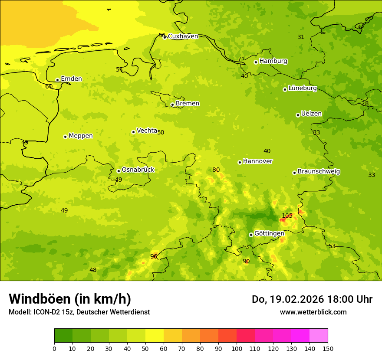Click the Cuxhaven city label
(x=183, y=36)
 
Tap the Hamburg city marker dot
(x=256, y=62)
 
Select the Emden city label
(x=71, y=79)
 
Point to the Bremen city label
(x=188, y=104)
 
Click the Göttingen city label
(x=269, y=233)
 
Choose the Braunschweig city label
(x=319, y=172)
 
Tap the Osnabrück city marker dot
(x=119, y=171)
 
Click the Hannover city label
(x=257, y=161)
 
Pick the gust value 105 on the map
(x=287, y=216)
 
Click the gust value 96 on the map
(x=154, y=256)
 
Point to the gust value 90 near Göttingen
(x=246, y=261)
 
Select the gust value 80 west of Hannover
(x=216, y=170)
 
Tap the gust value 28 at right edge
(x=365, y=103)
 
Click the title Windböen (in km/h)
(x=70, y=299)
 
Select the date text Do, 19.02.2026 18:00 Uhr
(x=312, y=299)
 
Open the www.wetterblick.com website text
(x=313, y=312)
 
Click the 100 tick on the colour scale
(x=237, y=348)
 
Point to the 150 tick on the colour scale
(x=328, y=348)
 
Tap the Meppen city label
(x=81, y=136)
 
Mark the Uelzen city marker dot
(x=298, y=115)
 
